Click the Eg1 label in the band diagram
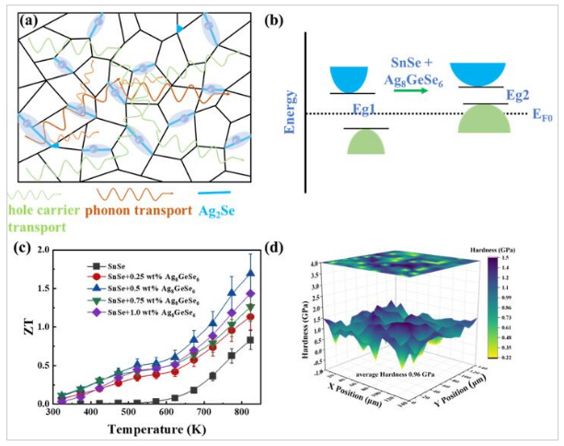377,110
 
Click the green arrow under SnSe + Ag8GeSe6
420,89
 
